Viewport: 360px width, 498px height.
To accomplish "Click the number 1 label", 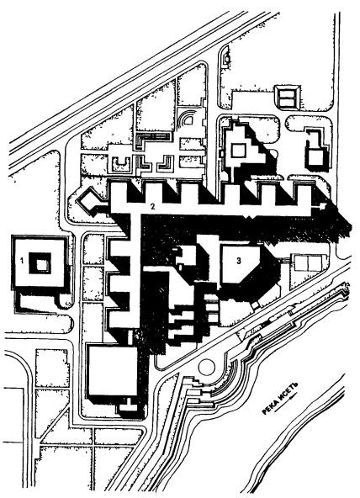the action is [x=22, y=261].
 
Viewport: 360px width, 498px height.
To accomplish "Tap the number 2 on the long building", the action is [x=153, y=208].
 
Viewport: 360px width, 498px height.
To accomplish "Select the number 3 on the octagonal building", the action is [x=239, y=261].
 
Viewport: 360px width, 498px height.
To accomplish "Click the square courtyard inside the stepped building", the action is [x=238, y=150].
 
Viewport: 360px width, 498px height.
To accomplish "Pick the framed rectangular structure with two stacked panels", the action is [x=289, y=97].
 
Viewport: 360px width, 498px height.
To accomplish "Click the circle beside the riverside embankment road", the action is [x=207, y=367].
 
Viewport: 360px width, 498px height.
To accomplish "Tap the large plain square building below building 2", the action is [x=113, y=371].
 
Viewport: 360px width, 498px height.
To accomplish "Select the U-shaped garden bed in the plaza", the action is [x=122, y=163].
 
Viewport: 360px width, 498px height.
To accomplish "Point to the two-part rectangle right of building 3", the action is [x=308, y=262].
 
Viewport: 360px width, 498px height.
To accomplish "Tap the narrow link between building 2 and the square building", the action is [x=130, y=337].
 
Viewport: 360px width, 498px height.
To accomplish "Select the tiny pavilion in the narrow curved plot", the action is [x=226, y=58].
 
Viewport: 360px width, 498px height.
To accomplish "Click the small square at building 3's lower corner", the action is [x=255, y=305].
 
